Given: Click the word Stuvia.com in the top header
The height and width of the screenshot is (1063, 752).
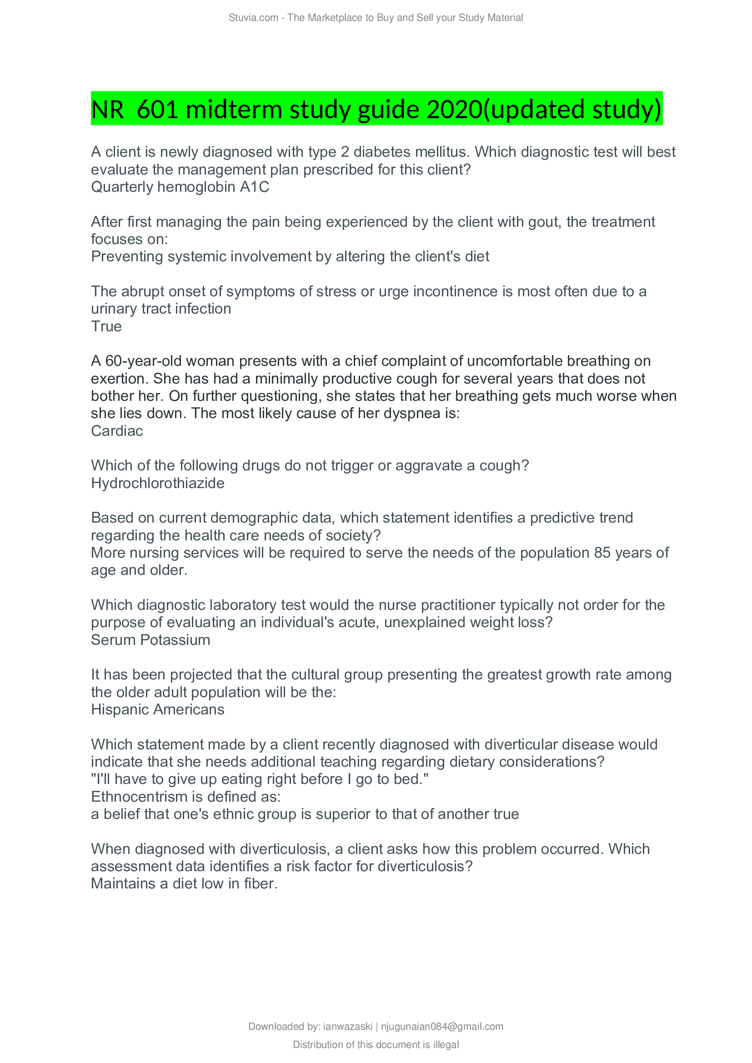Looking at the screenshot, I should (253, 18).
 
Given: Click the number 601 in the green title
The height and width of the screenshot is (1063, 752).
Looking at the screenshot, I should (157, 110).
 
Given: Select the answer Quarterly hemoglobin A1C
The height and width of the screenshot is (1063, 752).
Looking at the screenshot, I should (180, 187).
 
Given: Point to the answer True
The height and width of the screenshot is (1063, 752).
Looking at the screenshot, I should (106, 326).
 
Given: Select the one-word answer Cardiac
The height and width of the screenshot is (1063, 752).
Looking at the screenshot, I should (117, 431).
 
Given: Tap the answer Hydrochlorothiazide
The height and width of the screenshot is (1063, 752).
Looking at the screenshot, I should (157, 484).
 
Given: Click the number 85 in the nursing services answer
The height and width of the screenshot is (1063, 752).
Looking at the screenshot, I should (602, 553).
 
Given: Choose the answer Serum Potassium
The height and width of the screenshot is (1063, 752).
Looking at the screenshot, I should (150, 640).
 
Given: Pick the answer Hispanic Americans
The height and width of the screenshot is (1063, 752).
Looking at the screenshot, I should (157, 710).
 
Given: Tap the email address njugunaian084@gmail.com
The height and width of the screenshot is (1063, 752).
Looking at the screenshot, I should (442, 1027).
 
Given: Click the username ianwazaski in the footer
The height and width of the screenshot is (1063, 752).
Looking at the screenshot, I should (347, 1027).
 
